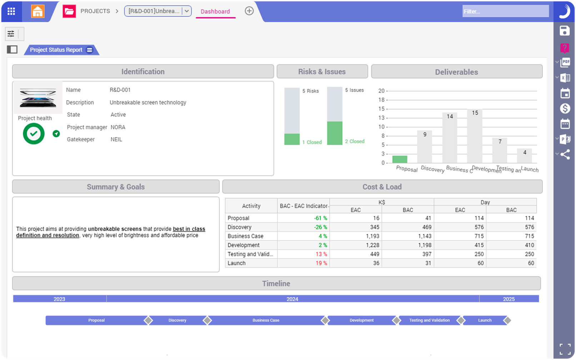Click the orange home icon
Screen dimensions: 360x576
click(x=37, y=11)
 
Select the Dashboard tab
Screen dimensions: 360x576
click(x=215, y=11)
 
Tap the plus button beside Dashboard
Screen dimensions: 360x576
click(x=249, y=11)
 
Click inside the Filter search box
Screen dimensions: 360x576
click(x=505, y=11)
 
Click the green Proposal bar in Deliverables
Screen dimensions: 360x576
click(x=400, y=159)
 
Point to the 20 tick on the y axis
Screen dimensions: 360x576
click(x=381, y=91)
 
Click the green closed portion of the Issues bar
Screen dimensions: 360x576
click(x=335, y=133)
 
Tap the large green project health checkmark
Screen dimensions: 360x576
click(x=34, y=134)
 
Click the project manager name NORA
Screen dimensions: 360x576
click(x=118, y=127)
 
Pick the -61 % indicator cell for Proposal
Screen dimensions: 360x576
click(x=320, y=218)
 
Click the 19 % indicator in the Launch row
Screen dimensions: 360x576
click(x=321, y=263)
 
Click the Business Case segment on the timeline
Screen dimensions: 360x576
click(x=266, y=320)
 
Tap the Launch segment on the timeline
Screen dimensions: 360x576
click(x=485, y=320)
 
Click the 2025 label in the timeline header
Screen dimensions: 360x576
click(x=509, y=299)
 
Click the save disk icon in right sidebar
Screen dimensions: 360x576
click(x=565, y=31)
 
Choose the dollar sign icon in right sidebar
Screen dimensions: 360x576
click(x=565, y=108)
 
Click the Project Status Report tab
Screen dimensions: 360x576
click(x=56, y=50)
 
